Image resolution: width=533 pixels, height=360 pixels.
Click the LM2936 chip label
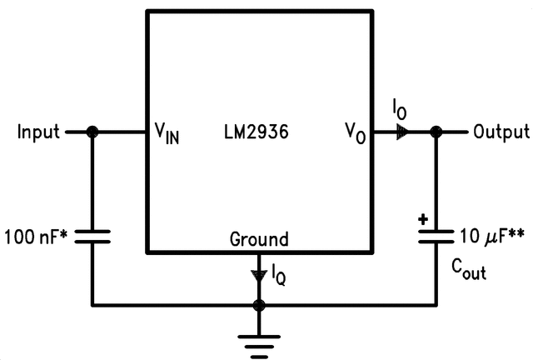pos(257,132)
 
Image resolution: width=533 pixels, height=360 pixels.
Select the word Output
pos(501,132)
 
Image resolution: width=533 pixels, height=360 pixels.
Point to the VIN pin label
pos(167,134)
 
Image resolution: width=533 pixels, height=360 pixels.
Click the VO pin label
pos(356,134)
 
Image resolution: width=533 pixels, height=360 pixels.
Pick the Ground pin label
pos(259,239)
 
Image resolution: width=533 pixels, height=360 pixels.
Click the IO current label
pos(401,108)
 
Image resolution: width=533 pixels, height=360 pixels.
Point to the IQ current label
pos(279,273)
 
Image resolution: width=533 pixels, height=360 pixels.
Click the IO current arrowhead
pos(402,132)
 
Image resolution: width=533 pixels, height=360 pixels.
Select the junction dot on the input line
pos(92,132)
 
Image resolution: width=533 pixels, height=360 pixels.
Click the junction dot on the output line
pos(435,132)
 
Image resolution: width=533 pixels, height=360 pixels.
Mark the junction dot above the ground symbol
pos(259,305)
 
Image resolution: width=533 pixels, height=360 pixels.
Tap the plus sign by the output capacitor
pos(423,221)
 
